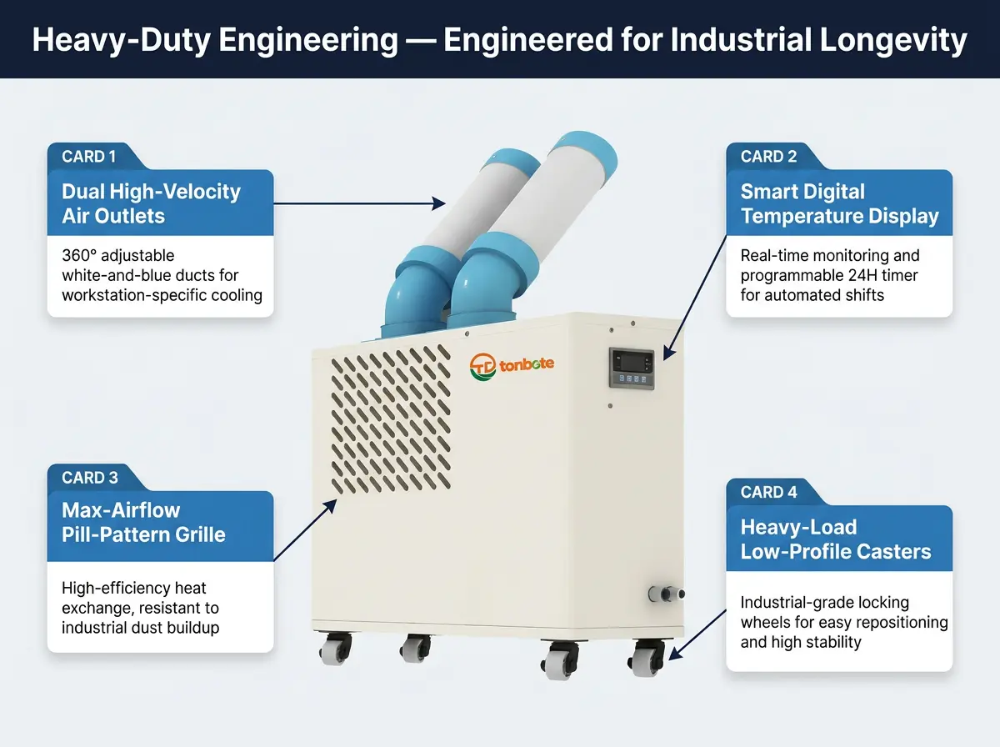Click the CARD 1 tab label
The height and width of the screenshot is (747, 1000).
tap(88, 157)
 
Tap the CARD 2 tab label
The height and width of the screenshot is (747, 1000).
tap(768, 157)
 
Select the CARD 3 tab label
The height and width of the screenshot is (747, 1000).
tap(90, 478)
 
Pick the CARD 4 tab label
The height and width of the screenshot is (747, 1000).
tap(768, 492)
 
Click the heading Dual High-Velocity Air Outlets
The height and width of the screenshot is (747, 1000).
tap(151, 203)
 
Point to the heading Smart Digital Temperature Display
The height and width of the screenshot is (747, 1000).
tap(839, 203)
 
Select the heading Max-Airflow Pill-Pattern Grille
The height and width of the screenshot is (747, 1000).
tap(143, 522)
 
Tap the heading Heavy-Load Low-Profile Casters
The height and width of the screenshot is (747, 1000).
tap(836, 539)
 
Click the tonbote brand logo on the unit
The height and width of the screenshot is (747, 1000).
tap(512, 366)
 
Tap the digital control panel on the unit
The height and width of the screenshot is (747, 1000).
tap(632, 368)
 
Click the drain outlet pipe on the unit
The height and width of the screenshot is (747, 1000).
tap(666, 594)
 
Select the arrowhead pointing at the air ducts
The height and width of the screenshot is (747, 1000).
tap(439, 203)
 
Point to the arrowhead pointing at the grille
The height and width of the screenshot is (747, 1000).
tap(330, 506)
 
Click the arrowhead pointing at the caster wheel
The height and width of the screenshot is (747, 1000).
tap(675, 654)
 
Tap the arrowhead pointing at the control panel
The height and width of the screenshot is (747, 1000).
tap(668, 353)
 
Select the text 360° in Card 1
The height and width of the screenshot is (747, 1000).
tap(79, 255)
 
